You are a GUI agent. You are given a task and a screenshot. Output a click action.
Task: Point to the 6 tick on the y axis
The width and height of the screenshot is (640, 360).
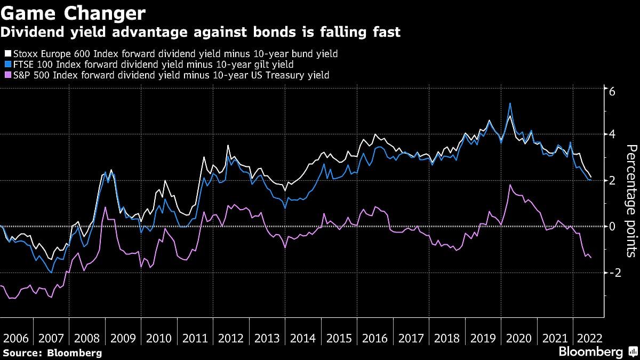coord(612,91)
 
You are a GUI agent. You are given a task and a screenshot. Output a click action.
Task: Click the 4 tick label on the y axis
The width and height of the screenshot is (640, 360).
coord(612,134)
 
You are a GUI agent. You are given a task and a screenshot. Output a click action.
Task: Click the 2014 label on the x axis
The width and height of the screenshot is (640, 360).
coord(303,338)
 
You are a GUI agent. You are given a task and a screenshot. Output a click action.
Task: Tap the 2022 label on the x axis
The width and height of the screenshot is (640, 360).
coord(590,338)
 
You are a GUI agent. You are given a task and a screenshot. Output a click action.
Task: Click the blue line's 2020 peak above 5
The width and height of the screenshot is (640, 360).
coord(510,103)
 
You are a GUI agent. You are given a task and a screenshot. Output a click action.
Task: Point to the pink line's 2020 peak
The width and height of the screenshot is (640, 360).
coord(510,185)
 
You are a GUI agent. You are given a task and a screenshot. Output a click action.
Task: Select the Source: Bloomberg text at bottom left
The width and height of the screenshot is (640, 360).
coord(52,353)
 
